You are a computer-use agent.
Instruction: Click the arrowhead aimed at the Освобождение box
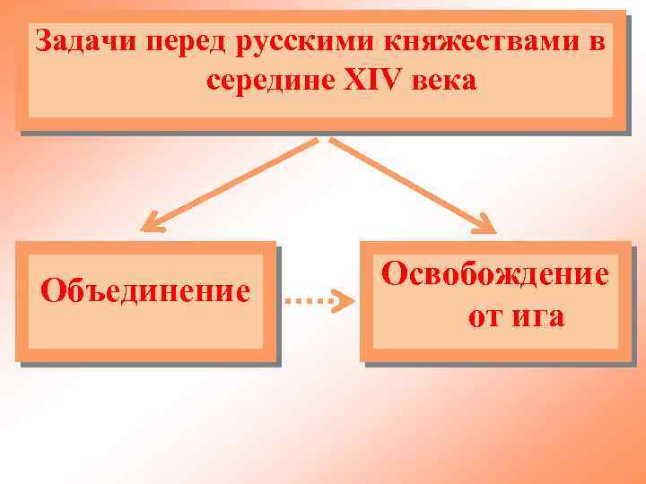(484, 223)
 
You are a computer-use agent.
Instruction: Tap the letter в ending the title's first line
(596, 41)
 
